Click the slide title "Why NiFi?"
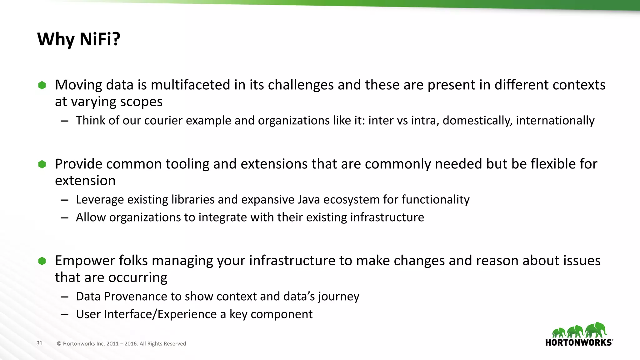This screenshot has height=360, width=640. (79, 39)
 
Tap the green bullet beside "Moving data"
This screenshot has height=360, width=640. (42, 85)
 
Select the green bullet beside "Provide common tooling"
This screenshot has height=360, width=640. (42, 164)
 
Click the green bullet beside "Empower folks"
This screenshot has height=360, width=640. (42, 261)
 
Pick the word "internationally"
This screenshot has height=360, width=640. (555, 121)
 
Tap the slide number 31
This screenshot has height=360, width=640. (39, 343)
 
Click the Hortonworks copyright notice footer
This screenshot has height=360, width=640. (121, 344)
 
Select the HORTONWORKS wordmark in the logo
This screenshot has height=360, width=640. (579, 342)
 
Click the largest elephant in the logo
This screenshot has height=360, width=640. (596, 330)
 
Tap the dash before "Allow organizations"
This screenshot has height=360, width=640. (65, 218)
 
